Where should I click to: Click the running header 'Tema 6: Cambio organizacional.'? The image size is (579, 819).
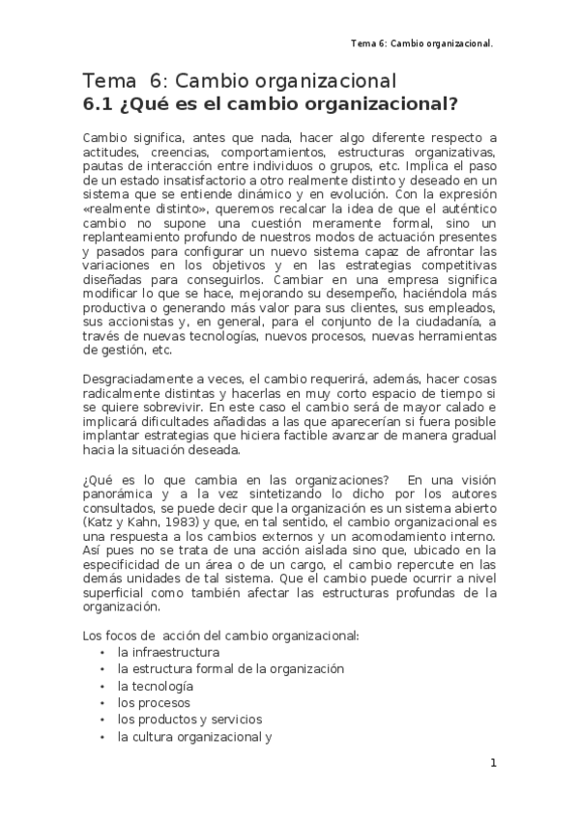click(x=422, y=43)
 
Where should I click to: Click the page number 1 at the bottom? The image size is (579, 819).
click(x=493, y=763)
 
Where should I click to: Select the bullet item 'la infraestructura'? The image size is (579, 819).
click(x=161, y=652)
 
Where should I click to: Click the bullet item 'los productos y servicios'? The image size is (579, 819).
click(x=189, y=720)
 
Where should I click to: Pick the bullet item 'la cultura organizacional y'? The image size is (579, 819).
click(x=194, y=736)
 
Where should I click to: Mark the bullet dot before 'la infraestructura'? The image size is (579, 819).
click(x=102, y=653)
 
